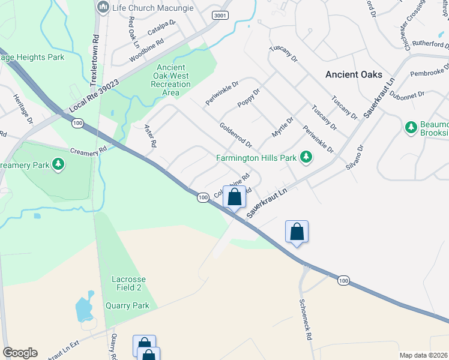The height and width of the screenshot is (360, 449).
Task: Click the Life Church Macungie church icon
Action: pos(103,7)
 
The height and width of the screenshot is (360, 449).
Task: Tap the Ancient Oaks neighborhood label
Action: pos(354,74)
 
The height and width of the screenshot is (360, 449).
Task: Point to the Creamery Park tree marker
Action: pos(58,164)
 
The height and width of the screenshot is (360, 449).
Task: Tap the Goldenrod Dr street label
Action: pos(235,136)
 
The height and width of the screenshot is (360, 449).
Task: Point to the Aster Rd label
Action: pos(150,136)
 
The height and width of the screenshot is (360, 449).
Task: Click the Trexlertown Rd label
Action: pos(95,54)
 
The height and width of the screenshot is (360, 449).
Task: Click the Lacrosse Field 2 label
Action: pos(128,284)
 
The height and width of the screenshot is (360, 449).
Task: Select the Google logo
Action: pos(20,353)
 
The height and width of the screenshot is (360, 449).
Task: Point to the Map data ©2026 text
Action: pos(423,355)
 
